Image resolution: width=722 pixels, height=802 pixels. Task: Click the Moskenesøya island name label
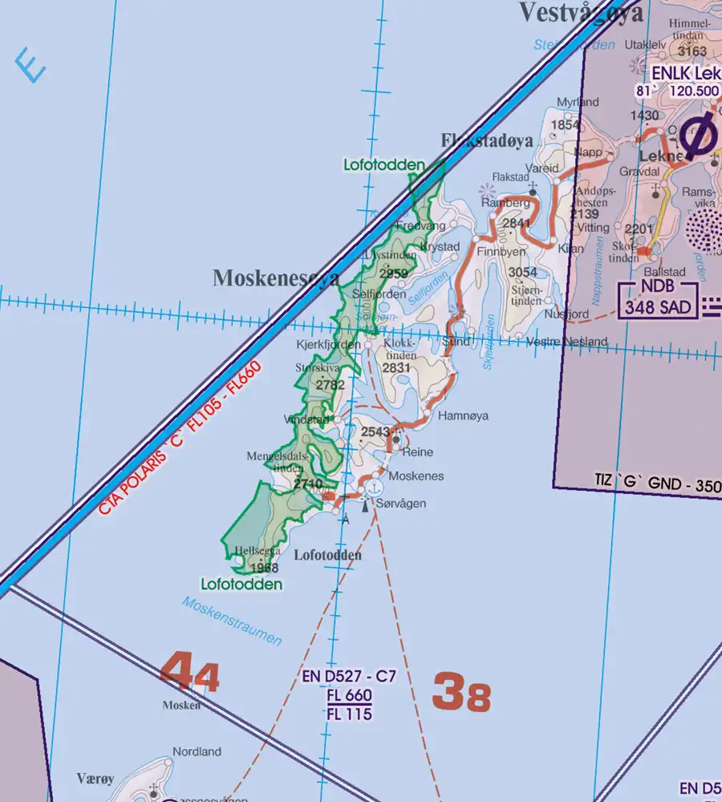tap(276, 278)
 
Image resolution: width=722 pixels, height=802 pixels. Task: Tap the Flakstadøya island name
tap(487, 141)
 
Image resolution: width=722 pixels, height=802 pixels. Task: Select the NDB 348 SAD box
tap(658, 298)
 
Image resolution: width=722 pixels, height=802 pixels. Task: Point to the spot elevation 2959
tap(393, 273)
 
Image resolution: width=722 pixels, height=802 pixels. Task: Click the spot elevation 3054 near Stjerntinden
tap(523, 273)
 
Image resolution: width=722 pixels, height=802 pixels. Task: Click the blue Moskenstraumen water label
tap(231, 621)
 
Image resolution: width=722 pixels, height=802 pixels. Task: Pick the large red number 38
tap(461, 691)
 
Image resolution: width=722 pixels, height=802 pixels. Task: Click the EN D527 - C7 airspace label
tap(349, 677)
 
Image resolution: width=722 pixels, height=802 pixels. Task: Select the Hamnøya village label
tap(463, 416)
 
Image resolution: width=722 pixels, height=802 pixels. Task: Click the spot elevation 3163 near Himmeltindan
tap(692, 52)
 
